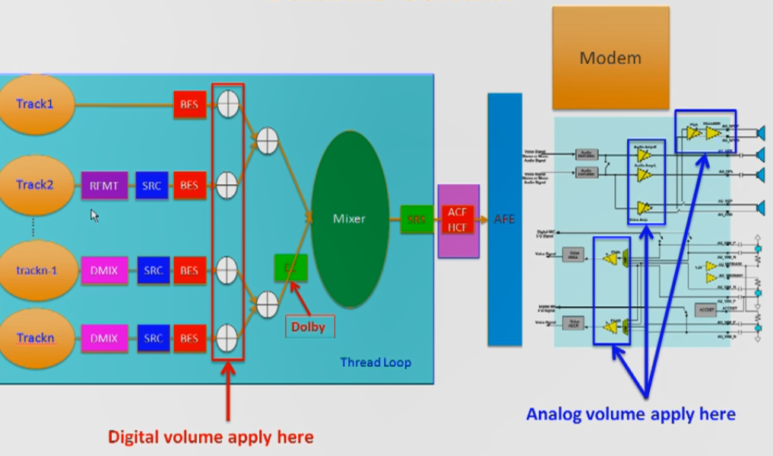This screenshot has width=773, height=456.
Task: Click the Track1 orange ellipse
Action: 35,104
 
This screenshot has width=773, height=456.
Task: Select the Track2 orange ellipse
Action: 35,185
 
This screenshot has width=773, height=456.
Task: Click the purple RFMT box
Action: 104,186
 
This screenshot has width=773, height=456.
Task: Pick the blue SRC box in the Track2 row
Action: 153,186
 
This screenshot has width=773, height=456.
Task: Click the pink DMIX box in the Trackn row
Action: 104,338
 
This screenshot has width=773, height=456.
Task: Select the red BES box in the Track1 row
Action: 189,104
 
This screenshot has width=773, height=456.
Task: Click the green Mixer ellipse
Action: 350,219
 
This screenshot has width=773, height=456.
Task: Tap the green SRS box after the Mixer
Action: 416,219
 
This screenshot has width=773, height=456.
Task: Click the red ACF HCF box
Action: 458,219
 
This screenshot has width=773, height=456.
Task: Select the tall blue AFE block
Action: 504,219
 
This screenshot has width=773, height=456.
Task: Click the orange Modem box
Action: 610,58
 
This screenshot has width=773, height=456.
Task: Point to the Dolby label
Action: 307,327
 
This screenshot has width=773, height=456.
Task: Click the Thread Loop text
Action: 375,362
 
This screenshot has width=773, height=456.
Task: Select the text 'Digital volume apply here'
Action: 211,437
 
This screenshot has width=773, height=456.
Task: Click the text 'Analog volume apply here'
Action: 631,414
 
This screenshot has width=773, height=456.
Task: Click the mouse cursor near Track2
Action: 94,215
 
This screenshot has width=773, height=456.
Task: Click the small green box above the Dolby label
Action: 290,267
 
